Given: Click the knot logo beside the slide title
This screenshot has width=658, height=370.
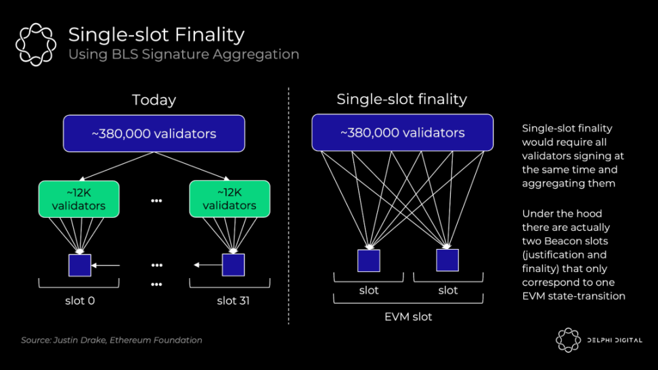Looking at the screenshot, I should click(x=36, y=45).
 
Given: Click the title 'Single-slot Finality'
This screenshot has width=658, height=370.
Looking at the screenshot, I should click(x=156, y=34).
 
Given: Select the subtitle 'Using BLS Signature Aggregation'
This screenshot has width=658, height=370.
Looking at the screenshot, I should click(x=183, y=54).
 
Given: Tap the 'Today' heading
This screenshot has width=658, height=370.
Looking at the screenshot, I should click(x=154, y=100).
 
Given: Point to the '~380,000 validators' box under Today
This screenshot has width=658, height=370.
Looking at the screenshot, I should click(x=154, y=133).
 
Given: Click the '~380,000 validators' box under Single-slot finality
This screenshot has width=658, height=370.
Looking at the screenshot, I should click(x=402, y=133).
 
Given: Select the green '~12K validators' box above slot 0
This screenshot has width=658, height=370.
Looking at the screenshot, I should click(x=79, y=199).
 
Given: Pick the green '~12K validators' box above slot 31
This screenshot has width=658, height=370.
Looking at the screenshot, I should click(x=229, y=199).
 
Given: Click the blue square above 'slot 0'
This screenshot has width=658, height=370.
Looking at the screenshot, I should click(x=79, y=265).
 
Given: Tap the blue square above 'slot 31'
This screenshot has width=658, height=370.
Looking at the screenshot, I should click(x=233, y=265).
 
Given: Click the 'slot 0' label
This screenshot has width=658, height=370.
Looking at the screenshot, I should click(x=80, y=300).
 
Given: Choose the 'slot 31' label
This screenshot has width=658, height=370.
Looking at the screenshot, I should click(x=233, y=300).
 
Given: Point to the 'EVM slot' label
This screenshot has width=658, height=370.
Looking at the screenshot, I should click(x=408, y=316).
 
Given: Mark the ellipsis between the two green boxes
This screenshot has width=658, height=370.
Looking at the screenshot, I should click(x=156, y=201).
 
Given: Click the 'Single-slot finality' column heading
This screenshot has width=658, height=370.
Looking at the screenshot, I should click(x=401, y=99).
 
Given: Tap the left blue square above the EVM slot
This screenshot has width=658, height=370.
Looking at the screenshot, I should click(x=368, y=260).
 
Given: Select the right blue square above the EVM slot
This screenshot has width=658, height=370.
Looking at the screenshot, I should click(x=447, y=260).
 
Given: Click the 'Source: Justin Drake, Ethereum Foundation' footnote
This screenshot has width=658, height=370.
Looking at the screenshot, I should click(x=111, y=340).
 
